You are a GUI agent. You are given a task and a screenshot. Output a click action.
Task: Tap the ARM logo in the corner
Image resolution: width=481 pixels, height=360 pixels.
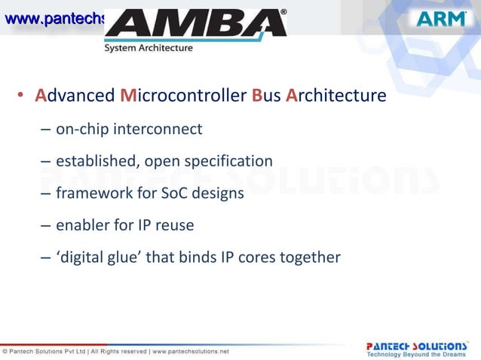pyautogui.click(x=441, y=19)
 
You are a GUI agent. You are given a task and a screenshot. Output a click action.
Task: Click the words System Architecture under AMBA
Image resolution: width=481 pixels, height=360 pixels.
pyautogui.click(x=149, y=48)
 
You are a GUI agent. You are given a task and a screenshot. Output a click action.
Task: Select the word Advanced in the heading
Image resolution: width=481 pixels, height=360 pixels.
pyautogui.click(x=75, y=96)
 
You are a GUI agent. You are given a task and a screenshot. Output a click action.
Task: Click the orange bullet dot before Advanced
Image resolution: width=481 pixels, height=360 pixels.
pyautogui.click(x=22, y=97)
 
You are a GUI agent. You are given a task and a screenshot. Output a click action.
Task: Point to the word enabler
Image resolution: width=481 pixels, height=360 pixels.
pyautogui.click(x=82, y=225)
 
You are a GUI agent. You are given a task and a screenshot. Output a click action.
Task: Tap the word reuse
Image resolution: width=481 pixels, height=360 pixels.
pyautogui.click(x=176, y=225)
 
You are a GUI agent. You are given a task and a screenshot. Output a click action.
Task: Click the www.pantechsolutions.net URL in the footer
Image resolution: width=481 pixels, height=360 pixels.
pyautogui.click(x=191, y=351)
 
